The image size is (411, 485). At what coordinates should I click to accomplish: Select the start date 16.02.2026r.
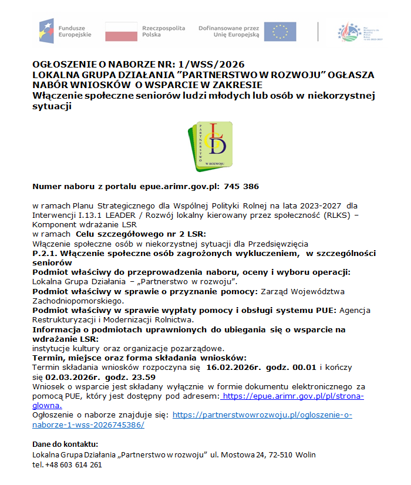[231, 367]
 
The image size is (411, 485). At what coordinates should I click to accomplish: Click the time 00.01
[301, 367]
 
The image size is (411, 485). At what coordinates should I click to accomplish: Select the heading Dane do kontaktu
[65, 444]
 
